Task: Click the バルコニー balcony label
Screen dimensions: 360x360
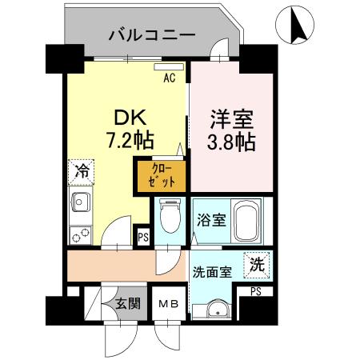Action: (x=151, y=36)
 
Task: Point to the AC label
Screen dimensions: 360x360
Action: (x=170, y=78)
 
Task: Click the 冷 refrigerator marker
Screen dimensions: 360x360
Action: (x=82, y=170)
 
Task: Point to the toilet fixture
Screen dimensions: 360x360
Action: (x=169, y=216)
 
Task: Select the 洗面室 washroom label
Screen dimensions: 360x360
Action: (x=212, y=272)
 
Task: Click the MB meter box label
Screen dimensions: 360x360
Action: (x=167, y=304)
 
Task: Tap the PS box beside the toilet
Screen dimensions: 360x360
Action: (x=142, y=237)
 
